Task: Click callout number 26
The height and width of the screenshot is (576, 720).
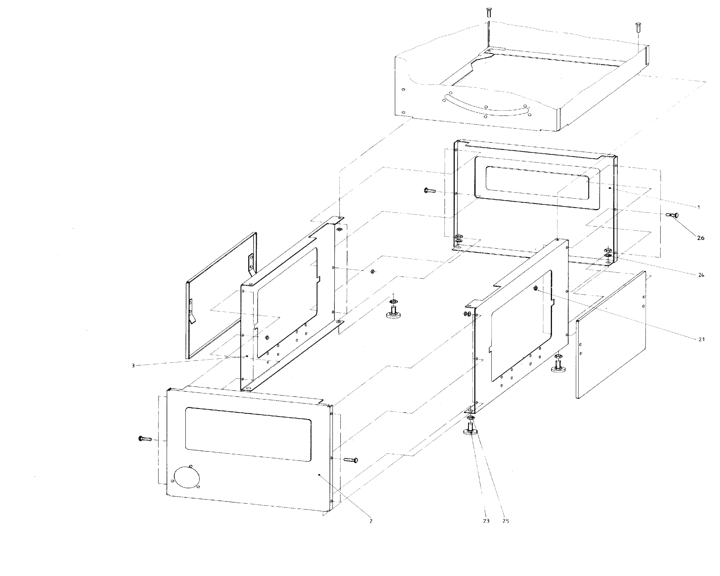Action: (700, 238)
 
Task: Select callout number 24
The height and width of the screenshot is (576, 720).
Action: (701, 275)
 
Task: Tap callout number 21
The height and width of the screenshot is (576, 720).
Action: (701, 339)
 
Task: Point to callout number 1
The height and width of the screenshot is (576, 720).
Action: (699, 207)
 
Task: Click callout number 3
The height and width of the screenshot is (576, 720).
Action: (133, 366)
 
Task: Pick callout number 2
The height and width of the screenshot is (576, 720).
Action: (371, 521)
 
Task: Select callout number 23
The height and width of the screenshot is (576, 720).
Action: (486, 521)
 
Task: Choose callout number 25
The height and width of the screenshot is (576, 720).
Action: (505, 521)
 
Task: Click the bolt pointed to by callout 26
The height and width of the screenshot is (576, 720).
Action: (672, 215)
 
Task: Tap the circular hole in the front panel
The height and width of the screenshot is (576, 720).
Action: (187, 477)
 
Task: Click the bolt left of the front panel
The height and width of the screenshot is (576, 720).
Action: (145, 438)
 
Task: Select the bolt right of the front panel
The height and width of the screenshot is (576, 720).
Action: (351, 460)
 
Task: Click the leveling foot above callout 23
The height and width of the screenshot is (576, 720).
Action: (470, 429)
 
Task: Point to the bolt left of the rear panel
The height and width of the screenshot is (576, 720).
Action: (430, 191)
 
